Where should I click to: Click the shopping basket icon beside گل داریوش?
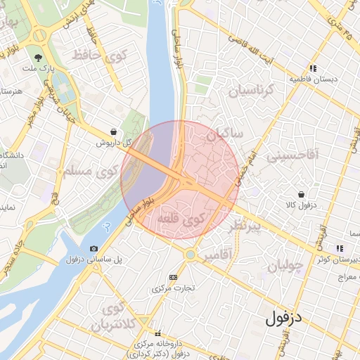click(x=113, y=131)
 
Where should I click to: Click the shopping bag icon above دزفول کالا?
click(x=301, y=193)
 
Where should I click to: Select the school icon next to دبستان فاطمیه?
click(x=312, y=69)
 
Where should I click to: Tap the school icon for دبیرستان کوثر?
click(x=340, y=248)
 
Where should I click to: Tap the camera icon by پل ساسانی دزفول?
click(x=94, y=248)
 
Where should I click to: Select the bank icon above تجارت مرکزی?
click(x=174, y=278)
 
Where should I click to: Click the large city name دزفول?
click(x=283, y=318)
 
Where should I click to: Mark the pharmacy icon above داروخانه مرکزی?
click(x=157, y=333)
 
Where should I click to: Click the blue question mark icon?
click(x=106, y=226)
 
